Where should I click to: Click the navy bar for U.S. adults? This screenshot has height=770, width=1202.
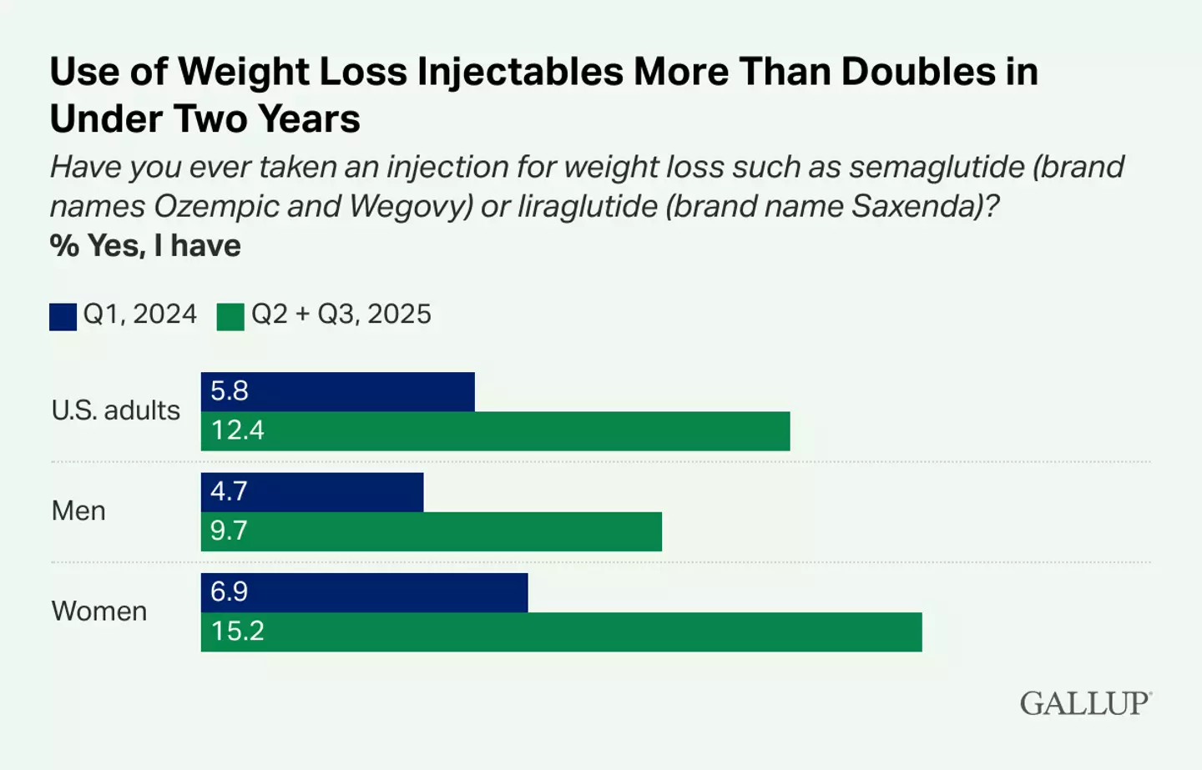click(338, 391)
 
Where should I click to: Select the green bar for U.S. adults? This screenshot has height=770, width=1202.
click(495, 430)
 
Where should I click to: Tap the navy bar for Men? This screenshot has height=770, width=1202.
click(312, 491)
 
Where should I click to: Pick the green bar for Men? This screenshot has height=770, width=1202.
click(432, 531)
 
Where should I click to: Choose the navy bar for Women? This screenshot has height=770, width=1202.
click(364, 592)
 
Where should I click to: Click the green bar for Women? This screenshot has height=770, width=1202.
click(561, 632)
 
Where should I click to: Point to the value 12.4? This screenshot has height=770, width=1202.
click(237, 430)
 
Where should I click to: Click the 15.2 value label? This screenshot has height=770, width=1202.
click(237, 632)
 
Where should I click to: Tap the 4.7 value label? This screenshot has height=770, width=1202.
click(229, 491)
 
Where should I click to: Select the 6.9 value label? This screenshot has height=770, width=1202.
click(229, 592)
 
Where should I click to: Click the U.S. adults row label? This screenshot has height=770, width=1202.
click(115, 410)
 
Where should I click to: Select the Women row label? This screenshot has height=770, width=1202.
click(98, 611)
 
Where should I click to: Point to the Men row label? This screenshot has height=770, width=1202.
click(78, 511)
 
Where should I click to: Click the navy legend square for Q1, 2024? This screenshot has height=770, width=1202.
click(63, 317)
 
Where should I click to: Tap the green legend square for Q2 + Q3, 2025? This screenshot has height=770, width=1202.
click(230, 317)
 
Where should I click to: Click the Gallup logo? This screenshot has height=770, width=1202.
click(1085, 703)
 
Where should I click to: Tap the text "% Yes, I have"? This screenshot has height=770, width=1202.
click(145, 246)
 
